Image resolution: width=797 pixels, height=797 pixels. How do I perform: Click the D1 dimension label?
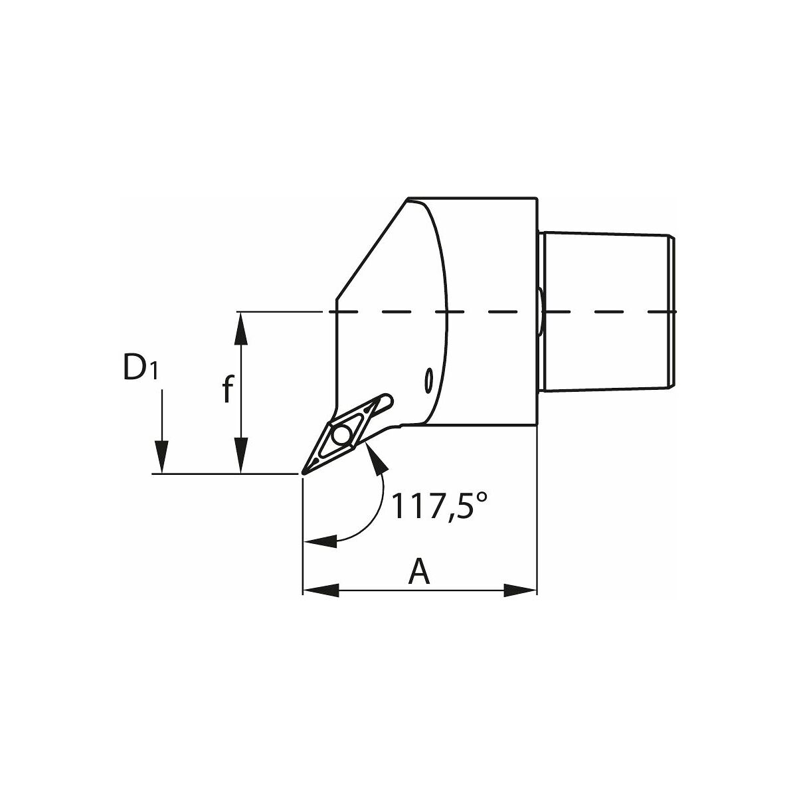[x=140, y=368]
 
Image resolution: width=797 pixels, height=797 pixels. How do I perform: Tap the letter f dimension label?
[x=228, y=389]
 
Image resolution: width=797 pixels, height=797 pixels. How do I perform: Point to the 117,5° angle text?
[x=439, y=505]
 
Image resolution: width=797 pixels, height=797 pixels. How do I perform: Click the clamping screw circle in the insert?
[x=341, y=434]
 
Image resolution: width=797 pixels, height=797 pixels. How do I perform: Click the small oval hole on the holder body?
[x=429, y=379]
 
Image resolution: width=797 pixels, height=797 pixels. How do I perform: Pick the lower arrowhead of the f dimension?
[x=240, y=455]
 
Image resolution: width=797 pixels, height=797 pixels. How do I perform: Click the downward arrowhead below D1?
[x=161, y=456]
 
